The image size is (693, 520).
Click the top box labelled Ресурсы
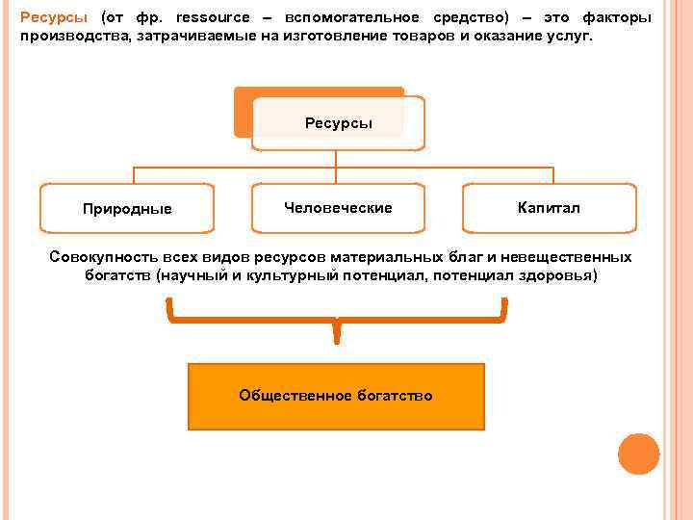[x=338, y=123]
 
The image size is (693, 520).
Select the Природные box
[x=127, y=209]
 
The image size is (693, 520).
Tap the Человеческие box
[x=338, y=208]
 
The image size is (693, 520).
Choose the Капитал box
[x=549, y=208]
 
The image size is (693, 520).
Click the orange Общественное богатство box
[x=336, y=396]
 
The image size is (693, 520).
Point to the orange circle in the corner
[x=638, y=454]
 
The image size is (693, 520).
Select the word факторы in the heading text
[x=618, y=18]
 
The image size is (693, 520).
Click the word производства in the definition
[x=66, y=36]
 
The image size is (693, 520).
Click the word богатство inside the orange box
[x=392, y=396]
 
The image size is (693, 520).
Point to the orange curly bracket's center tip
[x=336, y=337]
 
